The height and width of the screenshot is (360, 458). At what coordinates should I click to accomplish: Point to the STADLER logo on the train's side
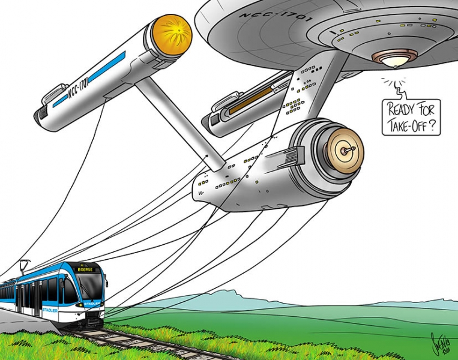pos(50,310)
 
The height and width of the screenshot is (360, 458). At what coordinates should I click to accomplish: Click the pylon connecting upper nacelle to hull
pos(174,120)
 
